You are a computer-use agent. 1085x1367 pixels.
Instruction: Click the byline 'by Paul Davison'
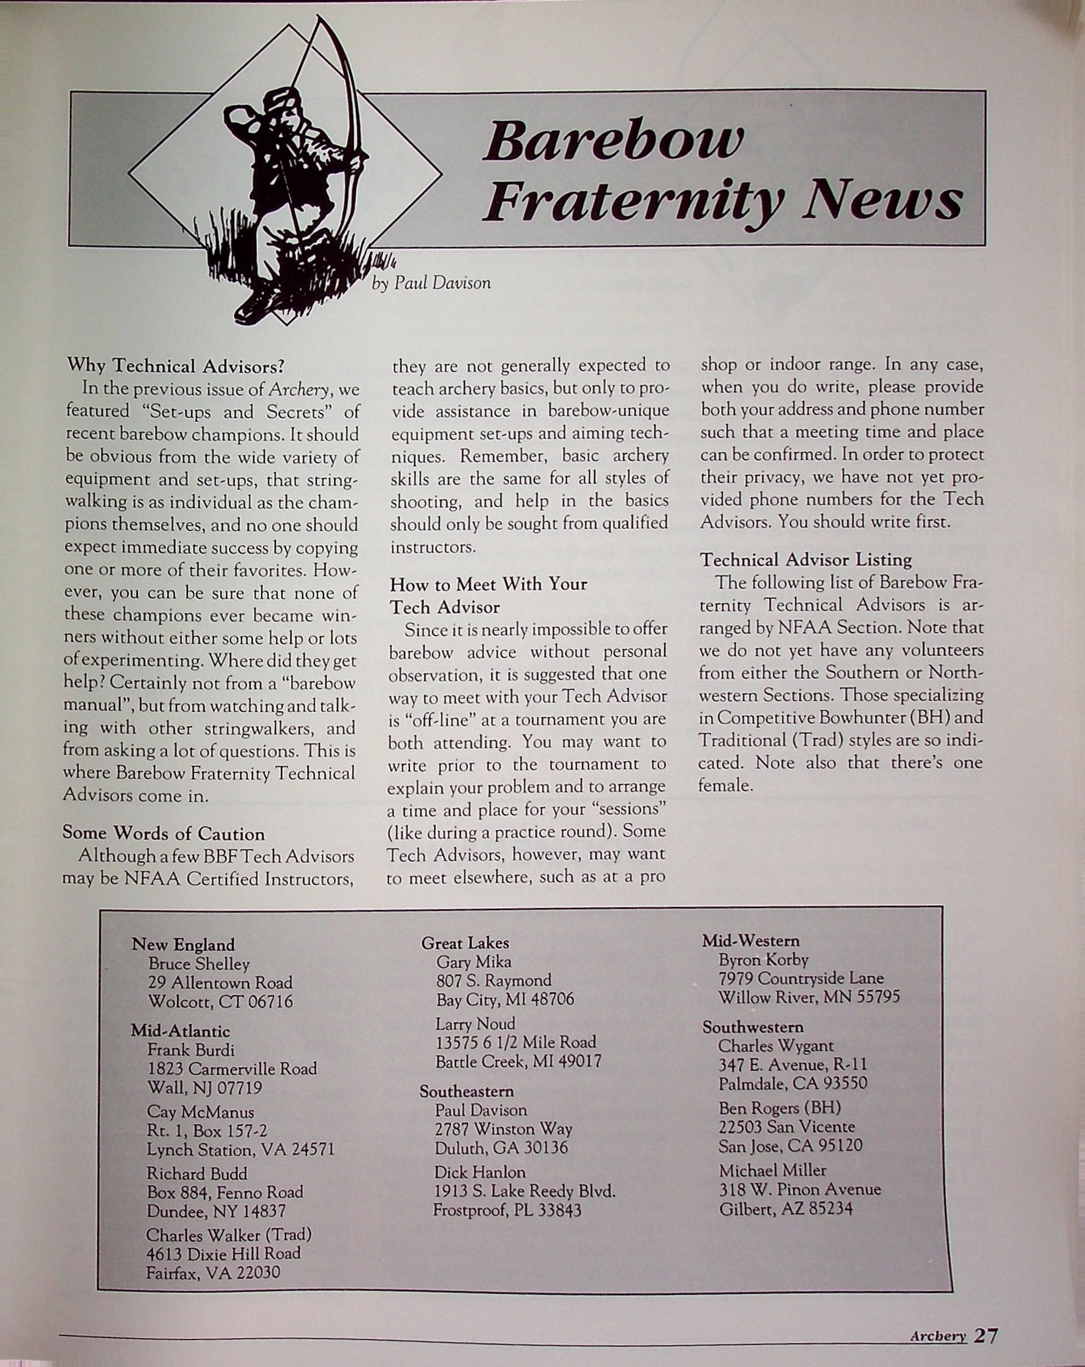coord(431,283)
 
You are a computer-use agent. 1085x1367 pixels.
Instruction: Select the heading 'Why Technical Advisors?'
coord(176,366)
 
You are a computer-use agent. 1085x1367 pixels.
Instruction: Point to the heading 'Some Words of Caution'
coord(164,833)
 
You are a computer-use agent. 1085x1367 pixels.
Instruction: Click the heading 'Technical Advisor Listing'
coord(806,560)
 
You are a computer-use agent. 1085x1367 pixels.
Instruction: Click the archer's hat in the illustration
coord(281,100)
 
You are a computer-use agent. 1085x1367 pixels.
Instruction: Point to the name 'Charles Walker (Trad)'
coord(229,1234)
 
